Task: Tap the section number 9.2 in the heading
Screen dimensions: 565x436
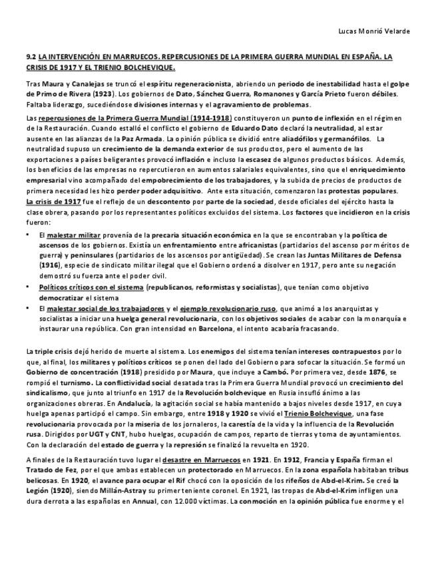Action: coord(31,58)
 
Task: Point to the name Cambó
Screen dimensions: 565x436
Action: coord(277,372)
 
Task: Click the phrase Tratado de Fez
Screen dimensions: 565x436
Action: coord(49,471)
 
